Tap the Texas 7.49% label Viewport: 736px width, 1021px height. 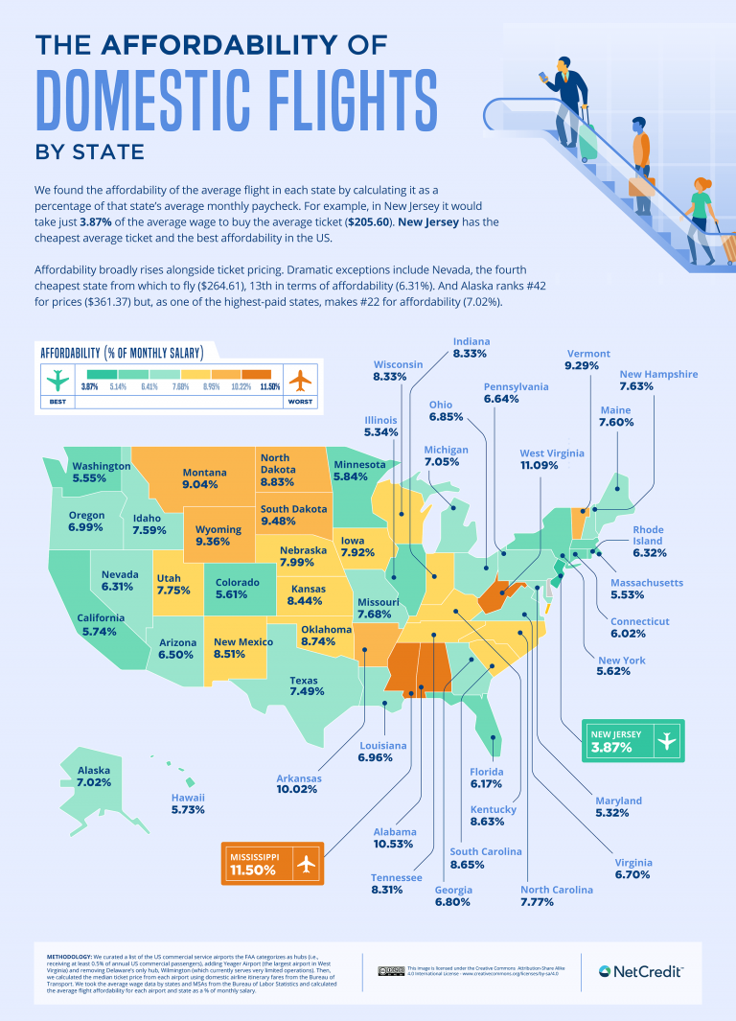click(307, 685)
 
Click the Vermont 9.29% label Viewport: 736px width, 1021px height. click(587, 360)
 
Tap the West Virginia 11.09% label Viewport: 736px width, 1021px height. click(552, 459)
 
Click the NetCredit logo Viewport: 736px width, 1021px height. click(640, 971)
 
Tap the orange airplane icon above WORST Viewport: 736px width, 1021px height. click(299, 380)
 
